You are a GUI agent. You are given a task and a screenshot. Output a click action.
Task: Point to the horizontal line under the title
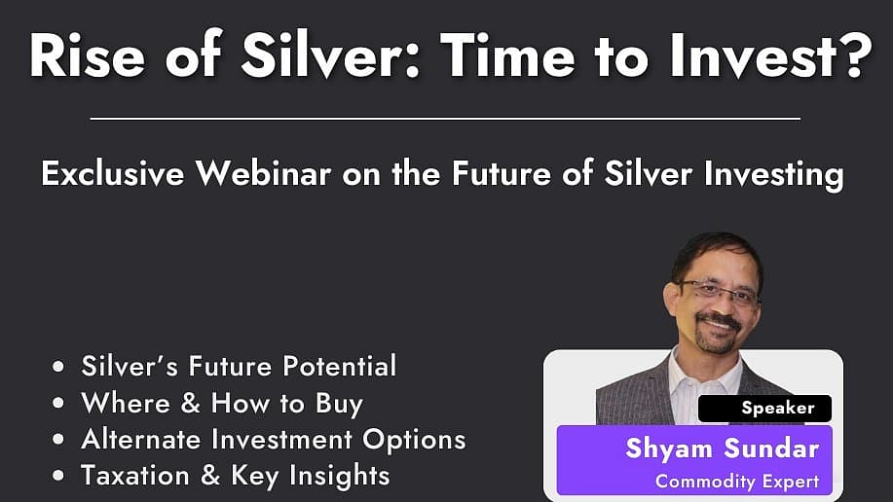[x=445, y=119]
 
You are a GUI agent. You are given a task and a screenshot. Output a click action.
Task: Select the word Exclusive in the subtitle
[x=112, y=174]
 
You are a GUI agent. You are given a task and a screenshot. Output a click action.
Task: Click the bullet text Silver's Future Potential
[x=239, y=367]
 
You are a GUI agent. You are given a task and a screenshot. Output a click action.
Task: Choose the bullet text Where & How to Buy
[x=221, y=403]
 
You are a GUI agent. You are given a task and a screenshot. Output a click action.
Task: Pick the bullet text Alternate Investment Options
[x=273, y=439]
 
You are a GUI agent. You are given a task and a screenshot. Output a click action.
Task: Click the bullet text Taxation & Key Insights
[x=235, y=475]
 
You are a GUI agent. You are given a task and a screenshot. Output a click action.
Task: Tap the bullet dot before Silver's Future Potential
[x=61, y=368]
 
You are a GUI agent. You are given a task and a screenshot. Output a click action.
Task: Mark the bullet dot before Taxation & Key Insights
[x=61, y=476]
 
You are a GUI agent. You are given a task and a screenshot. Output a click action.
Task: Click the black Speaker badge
[x=764, y=409]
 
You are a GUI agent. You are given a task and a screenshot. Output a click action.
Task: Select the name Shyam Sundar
[x=723, y=448]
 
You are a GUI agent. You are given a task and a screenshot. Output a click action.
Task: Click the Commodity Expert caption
[x=736, y=481]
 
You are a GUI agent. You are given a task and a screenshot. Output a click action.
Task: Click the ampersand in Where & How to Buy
[x=192, y=404]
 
